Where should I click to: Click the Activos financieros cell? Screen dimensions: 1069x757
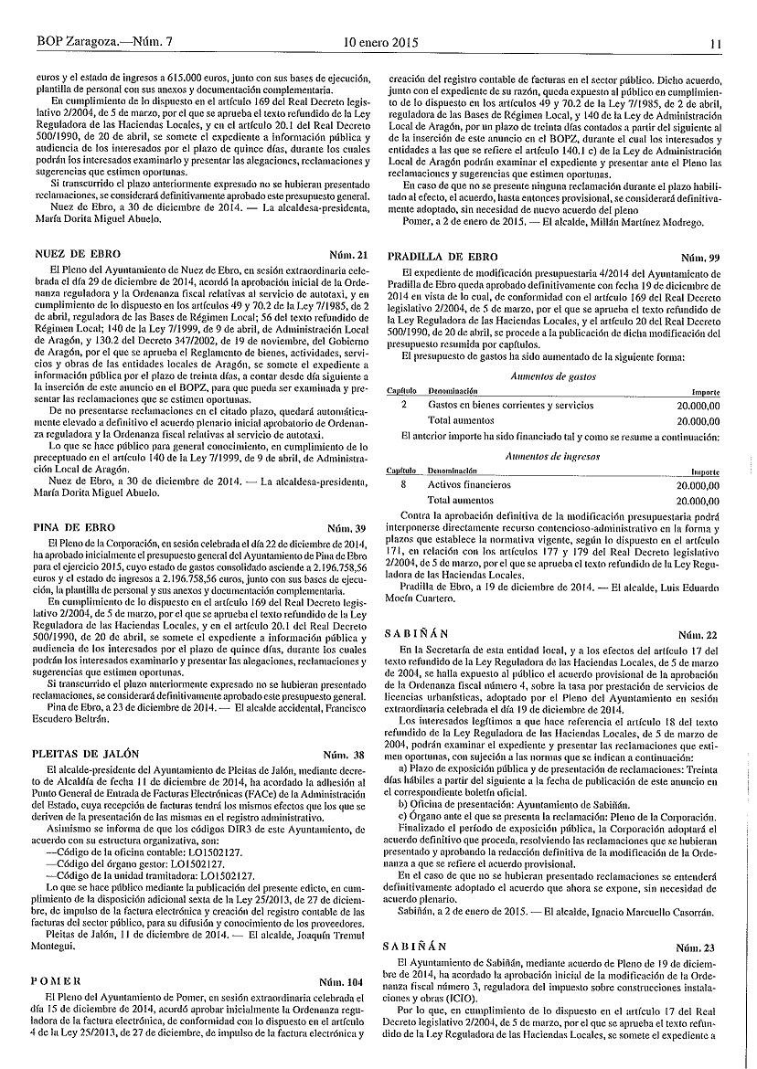click(x=470, y=484)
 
